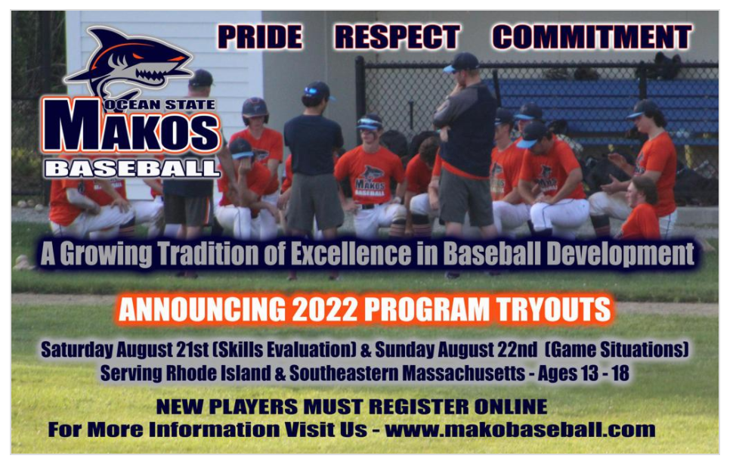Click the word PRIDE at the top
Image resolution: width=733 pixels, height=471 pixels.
[260, 37]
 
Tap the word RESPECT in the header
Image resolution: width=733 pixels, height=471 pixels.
[397, 37]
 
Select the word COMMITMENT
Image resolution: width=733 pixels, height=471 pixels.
[592, 37]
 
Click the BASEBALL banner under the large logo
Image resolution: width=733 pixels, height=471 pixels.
[131, 169]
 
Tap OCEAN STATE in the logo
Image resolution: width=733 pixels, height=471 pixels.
[159, 105]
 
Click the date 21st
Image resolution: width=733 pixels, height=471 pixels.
[193, 349]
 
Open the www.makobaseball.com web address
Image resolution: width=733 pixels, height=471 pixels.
[520, 429]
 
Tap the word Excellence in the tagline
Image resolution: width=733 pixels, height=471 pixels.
[351, 254]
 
